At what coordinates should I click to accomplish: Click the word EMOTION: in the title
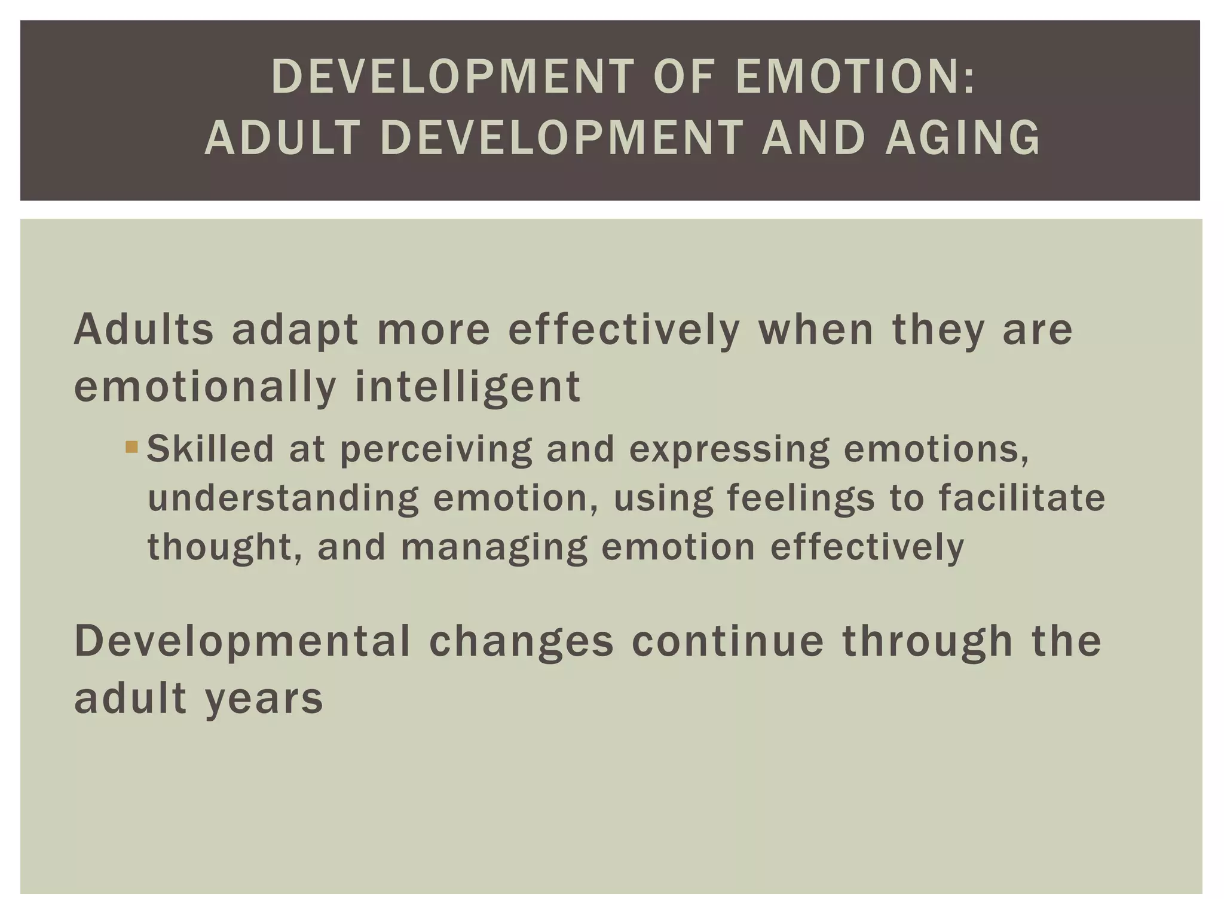(x=855, y=77)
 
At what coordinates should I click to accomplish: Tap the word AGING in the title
(x=963, y=138)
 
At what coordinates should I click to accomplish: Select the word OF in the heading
(x=683, y=77)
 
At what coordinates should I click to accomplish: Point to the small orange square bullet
(x=132, y=446)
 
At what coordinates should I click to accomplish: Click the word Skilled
(x=210, y=449)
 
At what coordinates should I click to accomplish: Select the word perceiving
(x=436, y=450)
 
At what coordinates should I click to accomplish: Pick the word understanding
(x=283, y=499)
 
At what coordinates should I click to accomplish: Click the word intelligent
(x=467, y=387)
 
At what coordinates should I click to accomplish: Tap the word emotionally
(x=206, y=387)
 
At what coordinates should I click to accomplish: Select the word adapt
(x=296, y=331)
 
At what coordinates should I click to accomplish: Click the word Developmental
(x=242, y=641)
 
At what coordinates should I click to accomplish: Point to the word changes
(x=521, y=641)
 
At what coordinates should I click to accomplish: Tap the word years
(x=264, y=698)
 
